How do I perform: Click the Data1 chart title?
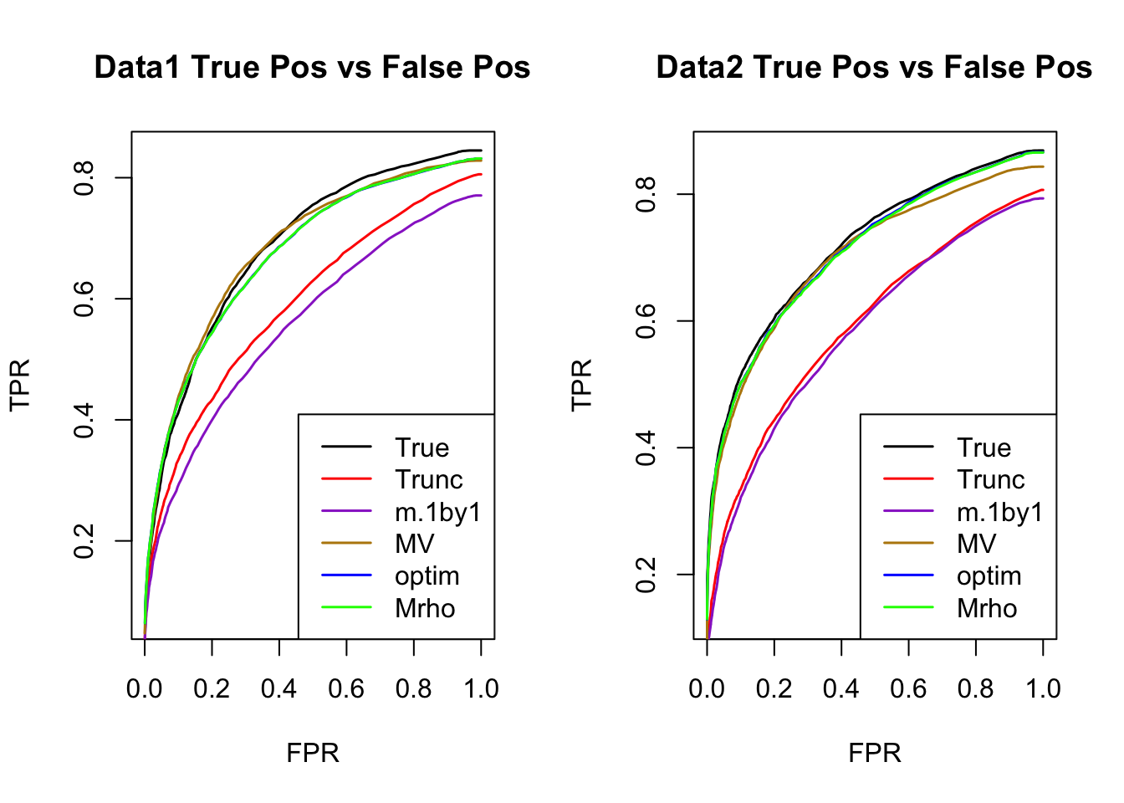click(x=312, y=67)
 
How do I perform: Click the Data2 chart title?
click(x=874, y=67)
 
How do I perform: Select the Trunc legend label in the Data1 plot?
click(x=428, y=479)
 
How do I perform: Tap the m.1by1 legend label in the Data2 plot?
click(x=1000, y=512)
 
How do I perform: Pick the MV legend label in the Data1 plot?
click(x=414, y=544)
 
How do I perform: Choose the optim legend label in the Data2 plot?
click(x=989, y=576)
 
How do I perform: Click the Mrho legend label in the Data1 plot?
click(x=425, y=608)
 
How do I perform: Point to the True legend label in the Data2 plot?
click(x=983, y=448)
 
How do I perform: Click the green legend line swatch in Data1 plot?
click(x=346, y=608)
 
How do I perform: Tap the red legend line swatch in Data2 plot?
click(x=908, y=479)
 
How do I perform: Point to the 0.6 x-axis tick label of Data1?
click(x=346, y=688)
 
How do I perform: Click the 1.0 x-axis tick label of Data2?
click(x=1043, y=688)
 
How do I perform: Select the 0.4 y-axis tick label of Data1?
click(x=84, y=420)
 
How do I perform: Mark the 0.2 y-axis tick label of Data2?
click(x=646, y=575)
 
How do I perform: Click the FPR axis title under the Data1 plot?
click(x=313, y=753)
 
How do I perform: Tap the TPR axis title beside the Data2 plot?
click(x=581, y=385)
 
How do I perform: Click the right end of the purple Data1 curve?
click(x=481, y=196)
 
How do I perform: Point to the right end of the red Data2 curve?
click(x=1043, y=189)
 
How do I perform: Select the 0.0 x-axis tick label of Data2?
click(x=707, y=688)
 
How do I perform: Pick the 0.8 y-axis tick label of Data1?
click(x=84, y=177)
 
